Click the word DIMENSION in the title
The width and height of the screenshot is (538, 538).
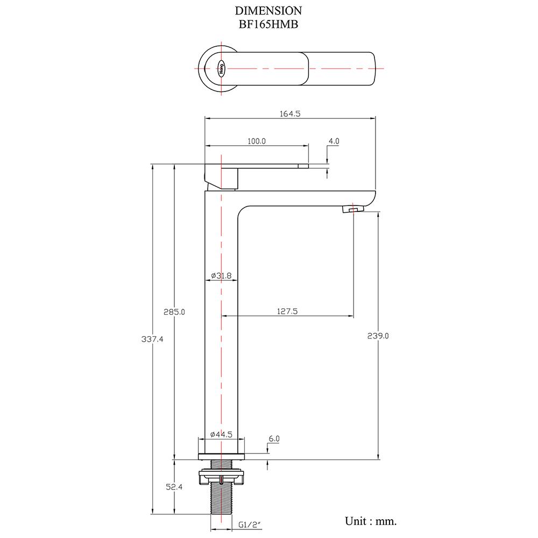coord(268,11)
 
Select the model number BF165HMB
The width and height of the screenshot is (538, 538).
coord(268,24)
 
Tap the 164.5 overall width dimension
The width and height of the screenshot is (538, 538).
coord(290,114)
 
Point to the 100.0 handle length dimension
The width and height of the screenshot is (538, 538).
coord(257,141)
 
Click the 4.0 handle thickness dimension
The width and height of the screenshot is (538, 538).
coord(334,141)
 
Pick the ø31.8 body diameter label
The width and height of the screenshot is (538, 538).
coord(221,275)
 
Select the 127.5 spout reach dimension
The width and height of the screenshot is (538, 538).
coord(288,311)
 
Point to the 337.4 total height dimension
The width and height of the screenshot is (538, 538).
coord(152,339)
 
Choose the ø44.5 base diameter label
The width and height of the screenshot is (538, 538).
coord(221,434)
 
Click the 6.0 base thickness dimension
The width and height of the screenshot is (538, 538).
coord(274,438)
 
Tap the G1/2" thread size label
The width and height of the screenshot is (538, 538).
coord(249,523)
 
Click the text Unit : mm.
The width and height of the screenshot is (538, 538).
coord(371,521)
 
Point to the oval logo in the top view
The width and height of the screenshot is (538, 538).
coord(221,69)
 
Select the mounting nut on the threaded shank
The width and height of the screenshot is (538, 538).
coord(221,477)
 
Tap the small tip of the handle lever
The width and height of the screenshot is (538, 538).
coord(303,166)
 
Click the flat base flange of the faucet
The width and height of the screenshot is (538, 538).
coord(221,456)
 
